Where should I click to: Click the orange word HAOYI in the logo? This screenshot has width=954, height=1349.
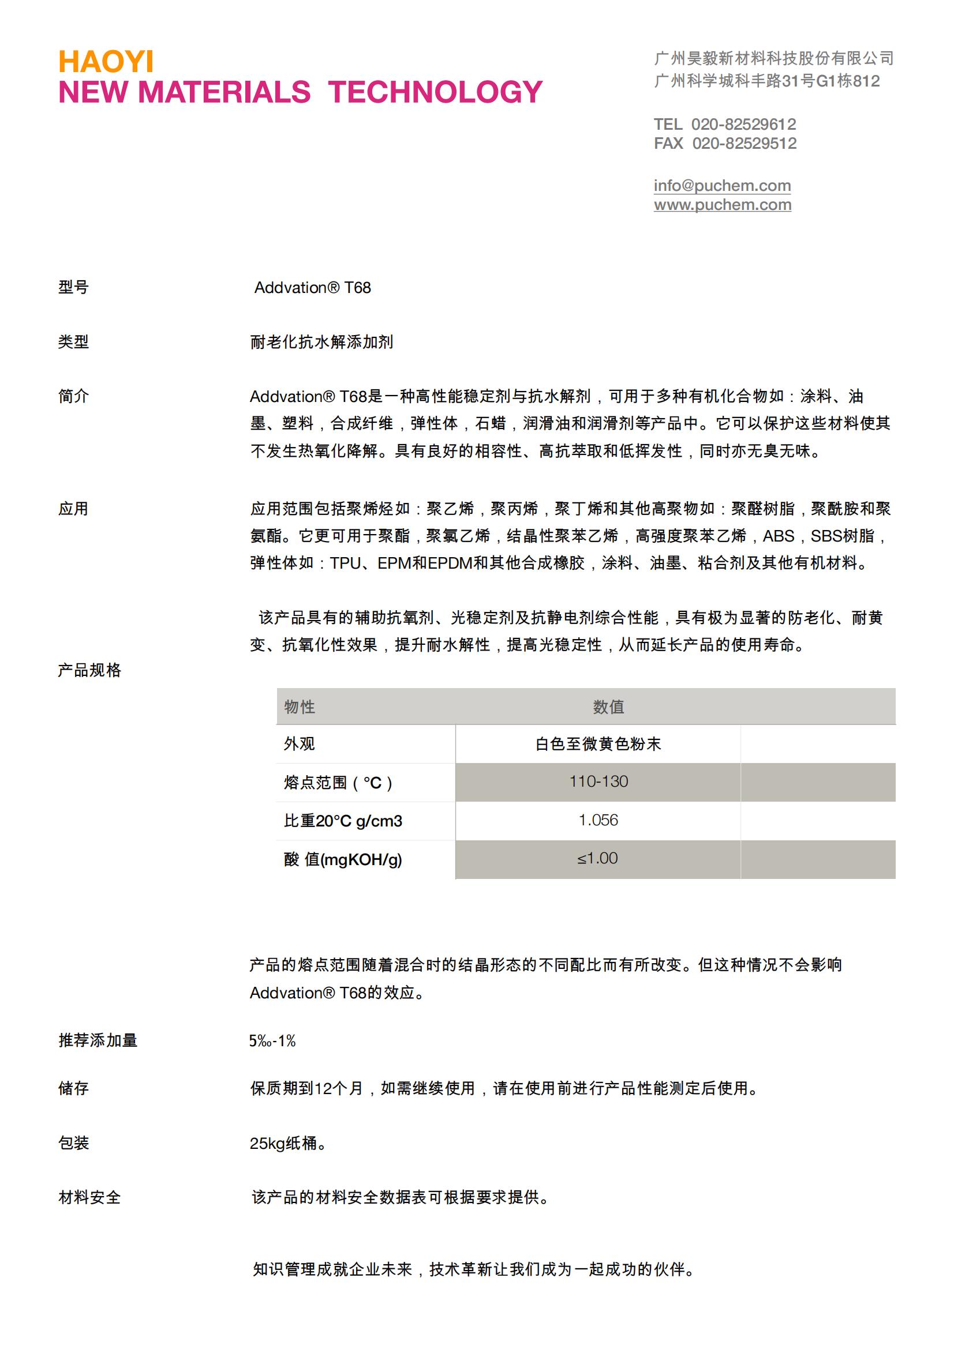[106, 62]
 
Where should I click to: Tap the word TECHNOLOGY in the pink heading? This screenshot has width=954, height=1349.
[435, 92]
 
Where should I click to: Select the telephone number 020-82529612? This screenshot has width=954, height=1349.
[743, 124]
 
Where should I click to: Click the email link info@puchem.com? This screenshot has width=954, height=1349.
[722, 186]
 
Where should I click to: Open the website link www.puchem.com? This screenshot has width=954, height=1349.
[722, 205]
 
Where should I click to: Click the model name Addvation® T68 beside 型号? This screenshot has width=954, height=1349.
[312, 288]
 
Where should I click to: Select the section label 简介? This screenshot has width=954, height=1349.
[73, 397]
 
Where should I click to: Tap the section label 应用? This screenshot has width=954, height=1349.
[73, 509]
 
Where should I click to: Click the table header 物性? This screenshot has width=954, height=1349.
[299, 707]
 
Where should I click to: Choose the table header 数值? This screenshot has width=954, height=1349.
[608, 707]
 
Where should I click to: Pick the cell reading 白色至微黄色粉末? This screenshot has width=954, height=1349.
[598, 745]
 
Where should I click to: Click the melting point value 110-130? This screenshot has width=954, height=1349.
[598, 782]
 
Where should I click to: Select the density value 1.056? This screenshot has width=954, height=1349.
[598, 820]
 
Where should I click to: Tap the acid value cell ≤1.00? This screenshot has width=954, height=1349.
[597, 858]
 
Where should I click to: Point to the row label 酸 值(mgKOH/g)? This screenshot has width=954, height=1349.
[343, 859]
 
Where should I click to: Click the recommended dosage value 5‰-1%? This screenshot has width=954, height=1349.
[272, 1041]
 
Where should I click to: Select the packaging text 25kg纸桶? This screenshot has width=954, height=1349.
[287, 1143]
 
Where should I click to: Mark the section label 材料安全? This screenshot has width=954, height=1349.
[89, 1197]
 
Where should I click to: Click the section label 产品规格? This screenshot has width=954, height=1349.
[89, 670]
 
